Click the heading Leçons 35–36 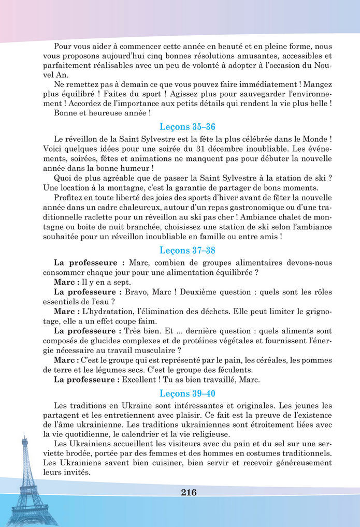click(x=187, y=127)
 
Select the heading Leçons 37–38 click(x=187, y=250)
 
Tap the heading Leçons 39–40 click(x=187, y=393)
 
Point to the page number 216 click(x=189, y=492)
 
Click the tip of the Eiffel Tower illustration click(x=24, y=438)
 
